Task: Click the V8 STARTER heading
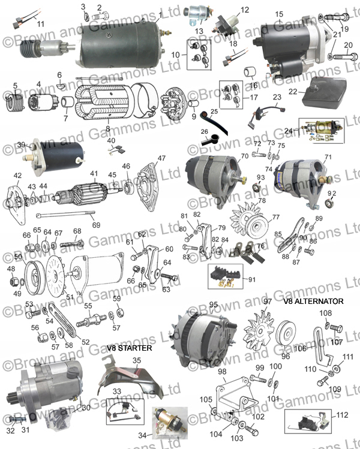point(129,348)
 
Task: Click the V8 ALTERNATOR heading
point(313,302)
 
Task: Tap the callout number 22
point(293,91)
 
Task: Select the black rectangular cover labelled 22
point(324,92)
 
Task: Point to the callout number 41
point(94,173)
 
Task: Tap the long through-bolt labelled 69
point(65,213)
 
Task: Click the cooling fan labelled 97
point(259,331)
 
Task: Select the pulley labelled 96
point(286,334)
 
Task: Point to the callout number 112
point(341,415)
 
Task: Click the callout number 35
point(137,360)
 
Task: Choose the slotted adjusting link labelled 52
point(62,321)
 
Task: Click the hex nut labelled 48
point(13,282)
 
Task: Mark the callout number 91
point(252,279)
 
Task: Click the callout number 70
point(244,156)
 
